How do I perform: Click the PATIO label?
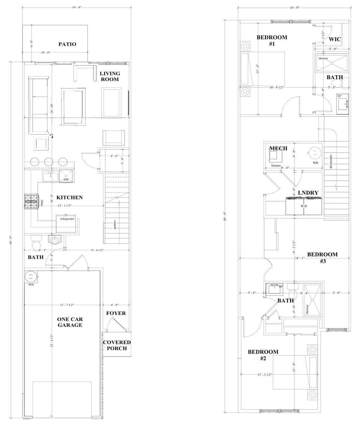tap(67, 44)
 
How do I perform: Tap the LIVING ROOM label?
tap(110, 76)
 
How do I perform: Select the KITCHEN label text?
tap(69, 197)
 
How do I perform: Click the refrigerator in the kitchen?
tap(68, 223)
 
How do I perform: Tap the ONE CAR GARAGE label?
tap(70, 322)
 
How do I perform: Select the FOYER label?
tap(116, 313)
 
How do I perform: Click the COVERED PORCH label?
tap(117, 345)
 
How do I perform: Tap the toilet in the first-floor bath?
tap(36, 243)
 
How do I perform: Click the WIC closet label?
tap(334, 39)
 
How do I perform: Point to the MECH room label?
tap(278, 148)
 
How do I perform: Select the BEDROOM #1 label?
tap(272, 40)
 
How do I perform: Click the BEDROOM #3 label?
tap(322, 258)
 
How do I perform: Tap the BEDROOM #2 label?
tap(263, 355)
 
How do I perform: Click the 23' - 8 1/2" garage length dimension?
tap(52, 340)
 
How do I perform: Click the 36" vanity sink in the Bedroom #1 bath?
tap(342, 104)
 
